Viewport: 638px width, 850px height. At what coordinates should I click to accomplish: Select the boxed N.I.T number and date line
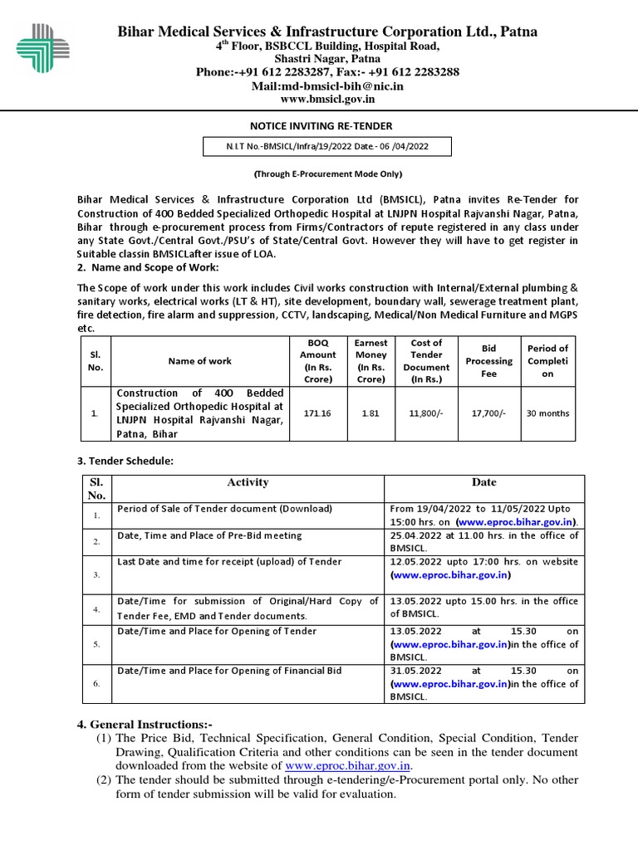327,147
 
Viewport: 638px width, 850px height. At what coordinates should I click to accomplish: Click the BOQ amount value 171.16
312,413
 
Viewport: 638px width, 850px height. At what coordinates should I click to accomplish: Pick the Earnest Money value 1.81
371,413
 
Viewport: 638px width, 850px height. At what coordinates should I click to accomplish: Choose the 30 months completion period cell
548,413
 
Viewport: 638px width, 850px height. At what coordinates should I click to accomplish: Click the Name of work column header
199,361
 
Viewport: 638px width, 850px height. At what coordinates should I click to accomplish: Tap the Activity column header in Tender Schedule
248,482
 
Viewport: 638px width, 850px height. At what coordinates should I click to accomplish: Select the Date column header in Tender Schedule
483,482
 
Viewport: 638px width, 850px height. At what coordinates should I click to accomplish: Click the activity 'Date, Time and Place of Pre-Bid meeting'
209,535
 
